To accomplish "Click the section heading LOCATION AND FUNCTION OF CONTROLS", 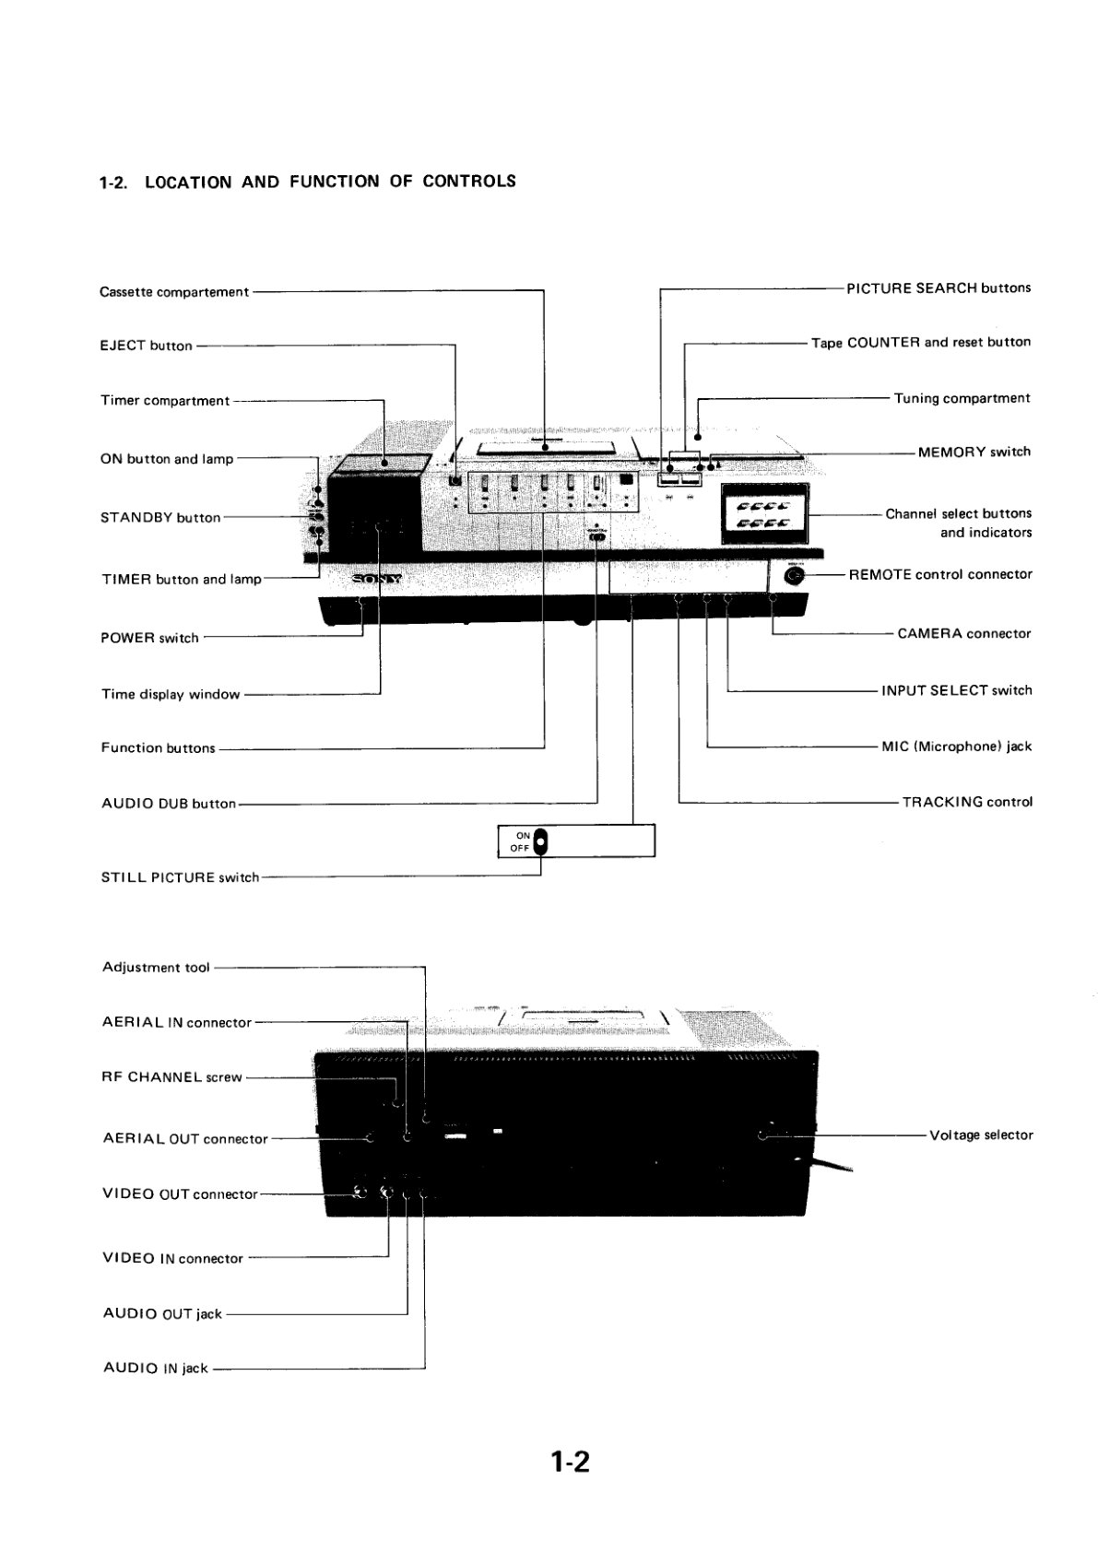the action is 330,182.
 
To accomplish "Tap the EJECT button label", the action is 146,345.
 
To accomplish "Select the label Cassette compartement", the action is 174,292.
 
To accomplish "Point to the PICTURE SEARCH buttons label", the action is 939,288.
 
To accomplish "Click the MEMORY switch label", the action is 974,452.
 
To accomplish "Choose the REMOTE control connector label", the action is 940,573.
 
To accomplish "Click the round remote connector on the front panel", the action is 795,575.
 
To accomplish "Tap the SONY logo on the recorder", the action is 376,579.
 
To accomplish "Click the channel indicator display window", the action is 764,513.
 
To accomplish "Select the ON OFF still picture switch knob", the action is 540,841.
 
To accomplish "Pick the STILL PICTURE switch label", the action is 180,877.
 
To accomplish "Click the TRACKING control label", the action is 967,802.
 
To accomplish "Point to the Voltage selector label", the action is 981,1135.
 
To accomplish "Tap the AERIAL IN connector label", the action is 177,1022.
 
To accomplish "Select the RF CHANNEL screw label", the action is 171,1076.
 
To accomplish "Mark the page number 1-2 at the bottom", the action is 570,1462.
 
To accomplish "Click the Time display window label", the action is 171,694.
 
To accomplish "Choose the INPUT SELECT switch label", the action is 957,690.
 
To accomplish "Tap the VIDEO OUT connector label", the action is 180,1193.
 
